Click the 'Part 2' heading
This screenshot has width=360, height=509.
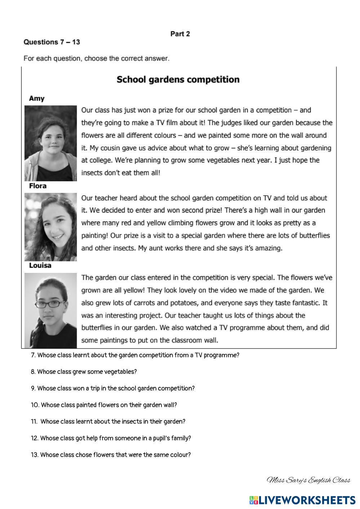180,34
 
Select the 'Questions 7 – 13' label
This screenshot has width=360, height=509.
52,42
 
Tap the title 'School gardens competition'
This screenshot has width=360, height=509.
178,80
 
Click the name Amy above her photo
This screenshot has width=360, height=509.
36,98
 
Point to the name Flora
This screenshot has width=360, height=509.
37,186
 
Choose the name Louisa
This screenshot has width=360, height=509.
40,266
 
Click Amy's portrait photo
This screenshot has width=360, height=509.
50,143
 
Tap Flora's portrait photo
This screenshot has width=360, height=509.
50,227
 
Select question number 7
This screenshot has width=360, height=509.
33,355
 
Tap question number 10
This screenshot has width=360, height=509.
35,405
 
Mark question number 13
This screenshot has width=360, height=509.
35,455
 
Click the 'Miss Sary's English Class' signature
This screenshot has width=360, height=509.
308,480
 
